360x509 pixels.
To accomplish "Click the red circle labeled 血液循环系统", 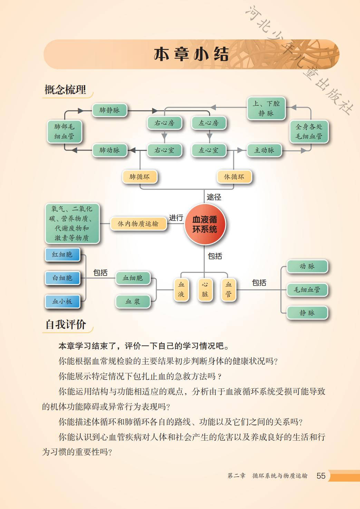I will pyautogui.click(x=205, y=224).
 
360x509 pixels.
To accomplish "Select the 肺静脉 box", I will pyautogui.click(x=109, y=110).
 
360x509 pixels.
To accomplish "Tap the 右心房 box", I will pyautogui.click(x=164, y=123).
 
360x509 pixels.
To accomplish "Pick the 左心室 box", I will pyautogui.click(x=208, y=150).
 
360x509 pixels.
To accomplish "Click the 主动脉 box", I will pyautogui.click(x=264, y=150).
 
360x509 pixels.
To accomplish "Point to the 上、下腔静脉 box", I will pyautogui.click(x=266, y=108).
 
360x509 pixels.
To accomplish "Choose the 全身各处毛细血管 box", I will pyautogui.click(x=309, y=132).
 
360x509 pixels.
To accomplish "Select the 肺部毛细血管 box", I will pyautogui.click(x=65, y=132).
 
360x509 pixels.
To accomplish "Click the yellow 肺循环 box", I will pyautogui.click(x=139, y=177).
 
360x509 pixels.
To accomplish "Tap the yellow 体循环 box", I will pyautogui.click(x=234, y=177).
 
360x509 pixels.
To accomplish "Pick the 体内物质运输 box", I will pyautogui.click(x=138, y=224).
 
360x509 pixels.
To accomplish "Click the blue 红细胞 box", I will pyautogui.click(x=62, y=255).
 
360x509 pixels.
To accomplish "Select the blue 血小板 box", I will pyautogui.click(x=62, y=301).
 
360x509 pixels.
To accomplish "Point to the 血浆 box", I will pyautogui.click(x=133, y=301).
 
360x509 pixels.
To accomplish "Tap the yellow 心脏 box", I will pyautogui.click(x=205, y=289).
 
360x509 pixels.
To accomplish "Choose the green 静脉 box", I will pyautogui.click(x=307, y=313).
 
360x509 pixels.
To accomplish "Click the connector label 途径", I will pyautogui.click(x=214, y=197).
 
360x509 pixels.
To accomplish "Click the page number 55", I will pyautogui.click(x=321, y=476).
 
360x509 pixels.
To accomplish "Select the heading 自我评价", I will pyautogui.click(x=66, y=325).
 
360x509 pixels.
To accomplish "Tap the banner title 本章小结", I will pyautogui.click(x=191, y=55).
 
